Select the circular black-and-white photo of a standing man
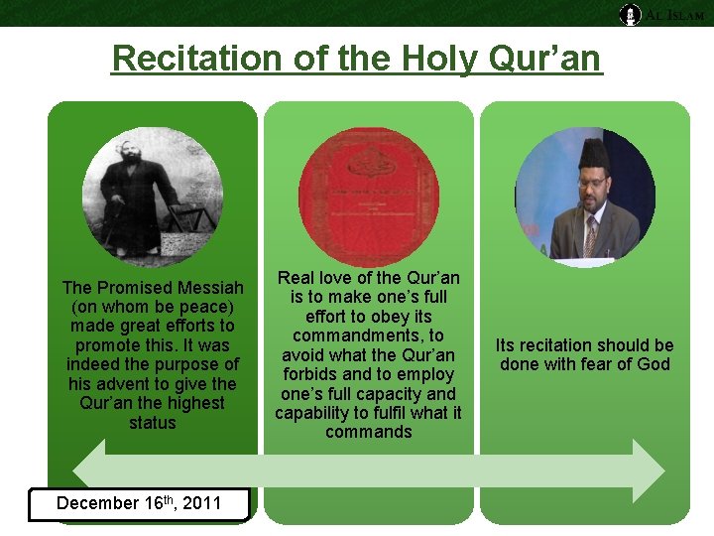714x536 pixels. tap(153, 196)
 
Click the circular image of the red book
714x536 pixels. tap(368, 196)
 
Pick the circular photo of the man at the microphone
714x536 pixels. tap(584, 196)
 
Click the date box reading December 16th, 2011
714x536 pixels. tap(139, 503)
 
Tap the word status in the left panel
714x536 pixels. tap(153, 423)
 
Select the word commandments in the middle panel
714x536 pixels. tap(368, 335)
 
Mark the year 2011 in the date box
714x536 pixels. tap(201, 503)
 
